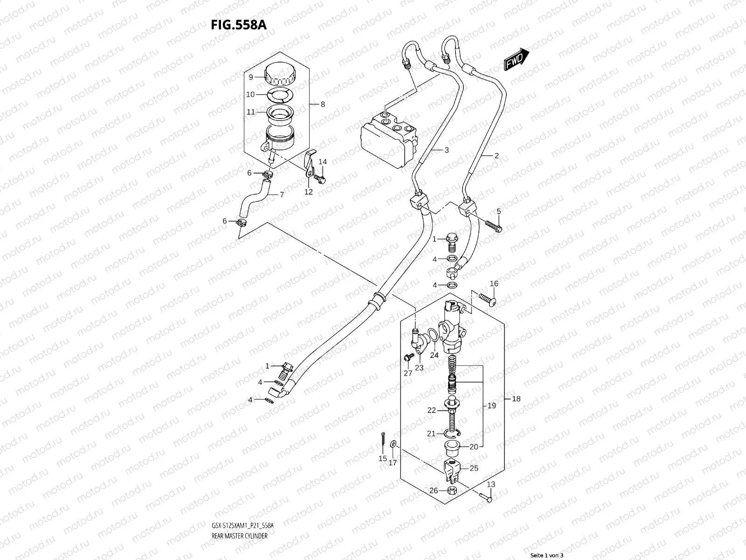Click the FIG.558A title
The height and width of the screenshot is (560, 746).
click(x=238, y=24)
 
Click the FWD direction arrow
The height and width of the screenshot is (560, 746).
click(x=516, y=59)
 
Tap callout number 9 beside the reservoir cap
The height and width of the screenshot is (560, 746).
click(x=250, y=77)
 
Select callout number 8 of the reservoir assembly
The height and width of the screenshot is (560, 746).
click(x=322, y=105)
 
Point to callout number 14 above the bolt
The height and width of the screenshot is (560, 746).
click(x=323, y=162)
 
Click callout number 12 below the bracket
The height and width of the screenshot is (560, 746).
click(x=309, y=192)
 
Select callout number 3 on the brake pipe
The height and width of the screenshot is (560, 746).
click(x=446, y=150)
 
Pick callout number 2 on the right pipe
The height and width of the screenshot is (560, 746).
click(x=497, y=156)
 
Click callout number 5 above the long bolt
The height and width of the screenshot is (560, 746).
click(x=498, y=212)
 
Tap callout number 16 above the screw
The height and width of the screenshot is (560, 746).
click(x=494, y=284)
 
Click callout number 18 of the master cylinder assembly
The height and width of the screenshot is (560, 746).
click(x=516, y=399)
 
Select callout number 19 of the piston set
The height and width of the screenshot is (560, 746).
click(x=491, y=406)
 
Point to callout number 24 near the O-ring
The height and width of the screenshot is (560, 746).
click(x=434, y=355)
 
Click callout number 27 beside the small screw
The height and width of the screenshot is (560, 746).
click(x=408, y=373)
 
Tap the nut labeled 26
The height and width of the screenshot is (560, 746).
click(x=451, y=490)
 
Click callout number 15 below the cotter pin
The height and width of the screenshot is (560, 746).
click(x=382, y=459)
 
